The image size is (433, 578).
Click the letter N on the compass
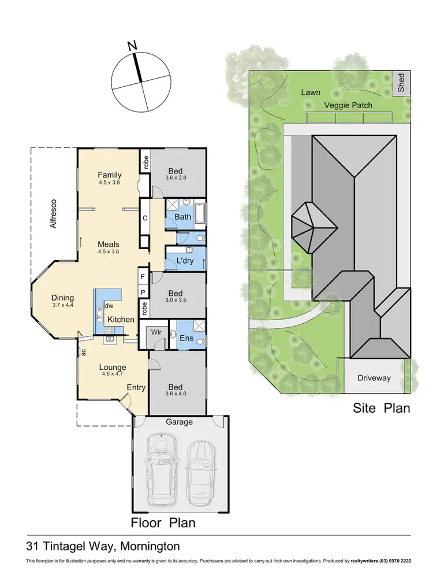click(x=132, y=45)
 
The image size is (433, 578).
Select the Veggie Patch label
click(x=348, y=105)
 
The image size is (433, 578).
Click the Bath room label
click(x=183, y=217)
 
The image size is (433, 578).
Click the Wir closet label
click(x=155, y=333)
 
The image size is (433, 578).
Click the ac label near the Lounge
click(x=84, y=351)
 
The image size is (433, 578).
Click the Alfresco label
click(x=54, y=214)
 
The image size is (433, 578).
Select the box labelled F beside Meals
click(x=142, y=277)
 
